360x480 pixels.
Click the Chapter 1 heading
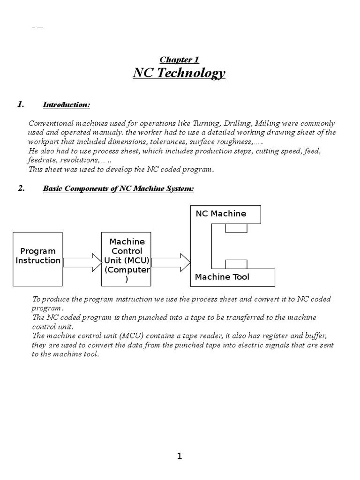point(180,60)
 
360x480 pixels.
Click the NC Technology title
point(180,74)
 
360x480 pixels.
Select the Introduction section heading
point(66,105)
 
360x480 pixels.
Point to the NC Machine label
point(221,214)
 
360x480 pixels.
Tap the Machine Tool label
point(222,277)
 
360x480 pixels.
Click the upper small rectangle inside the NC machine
point(236,228)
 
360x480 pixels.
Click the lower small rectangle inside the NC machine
point(236,263)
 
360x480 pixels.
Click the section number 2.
point(21,188)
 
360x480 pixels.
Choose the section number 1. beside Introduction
point(21,105)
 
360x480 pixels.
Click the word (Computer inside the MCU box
point(127,270)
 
